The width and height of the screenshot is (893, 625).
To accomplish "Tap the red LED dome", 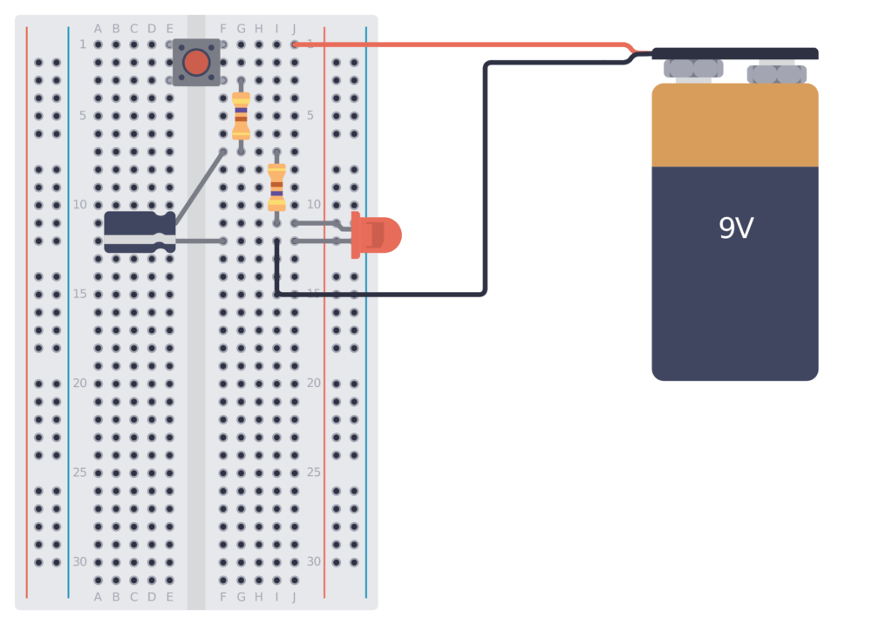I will pos(382,235).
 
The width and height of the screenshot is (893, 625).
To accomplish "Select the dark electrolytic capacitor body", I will pos(139,232).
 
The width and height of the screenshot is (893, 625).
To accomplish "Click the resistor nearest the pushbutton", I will pos(242,115).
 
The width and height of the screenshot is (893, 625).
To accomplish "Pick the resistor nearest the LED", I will pos(276,187).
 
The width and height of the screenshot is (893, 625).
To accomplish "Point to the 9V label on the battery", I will pos(735,228).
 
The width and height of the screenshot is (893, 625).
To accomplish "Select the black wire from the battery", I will pos(485,174).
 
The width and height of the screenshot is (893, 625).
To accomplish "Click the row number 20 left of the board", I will pos(79,383).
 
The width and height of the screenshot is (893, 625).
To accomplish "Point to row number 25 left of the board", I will pos(79,472).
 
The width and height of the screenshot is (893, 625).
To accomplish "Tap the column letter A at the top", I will pos(98,29).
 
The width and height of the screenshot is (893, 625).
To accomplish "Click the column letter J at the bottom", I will pos(295,596).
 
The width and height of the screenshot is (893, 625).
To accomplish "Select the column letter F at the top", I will pos(223,29).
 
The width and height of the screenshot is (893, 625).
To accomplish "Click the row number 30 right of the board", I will pos(314,561).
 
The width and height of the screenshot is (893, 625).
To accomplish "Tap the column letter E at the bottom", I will pos(169,596).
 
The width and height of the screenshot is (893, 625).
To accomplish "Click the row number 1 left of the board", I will pos(83,44).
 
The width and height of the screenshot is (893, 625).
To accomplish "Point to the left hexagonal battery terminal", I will pos(693,69).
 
